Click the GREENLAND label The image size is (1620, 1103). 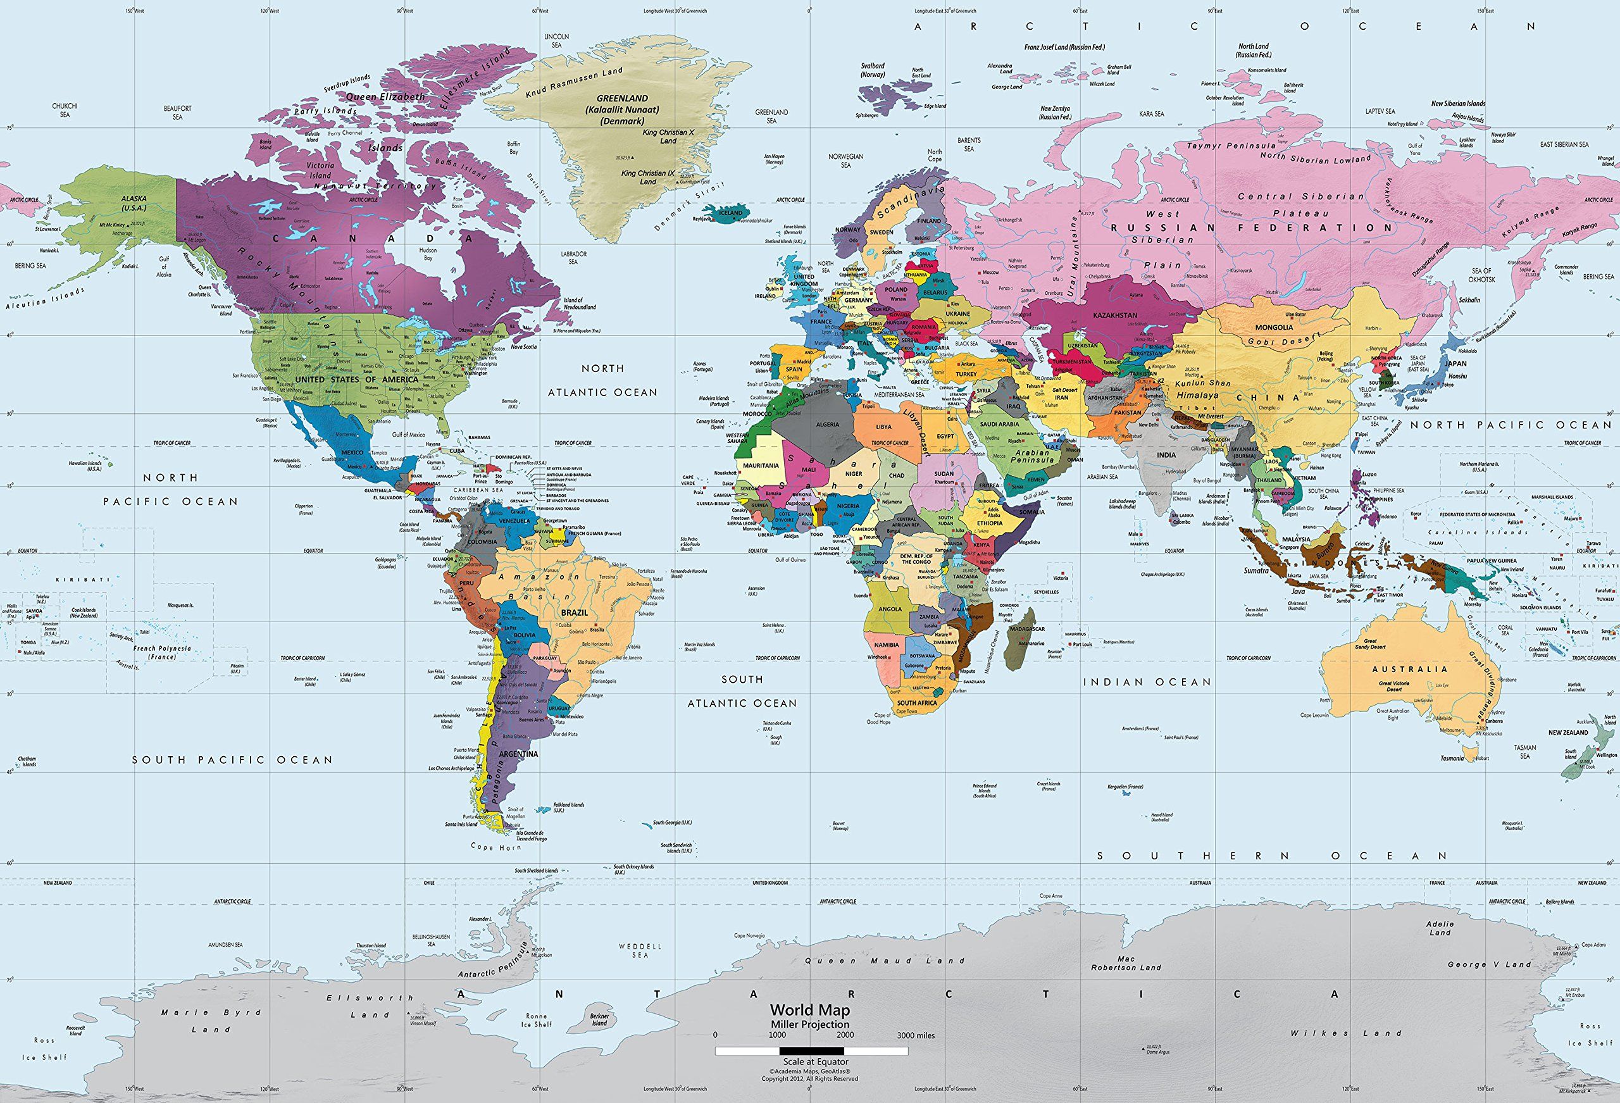tap(622, 98)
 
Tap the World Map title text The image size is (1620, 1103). tap(809, 1009)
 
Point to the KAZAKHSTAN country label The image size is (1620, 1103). tap(1114, 315)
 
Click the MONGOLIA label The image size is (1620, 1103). tap(1274, 327)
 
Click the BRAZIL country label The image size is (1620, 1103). tap(574, 611)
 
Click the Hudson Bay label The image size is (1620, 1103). tap(428, 253)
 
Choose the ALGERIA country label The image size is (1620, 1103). tap(828, 424)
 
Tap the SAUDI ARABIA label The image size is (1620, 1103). tap(999, 424)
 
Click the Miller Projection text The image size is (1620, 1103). tap(809, 1024)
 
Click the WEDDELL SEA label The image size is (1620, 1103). tap(640, 950)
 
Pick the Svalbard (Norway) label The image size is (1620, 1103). tap(872, 69)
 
